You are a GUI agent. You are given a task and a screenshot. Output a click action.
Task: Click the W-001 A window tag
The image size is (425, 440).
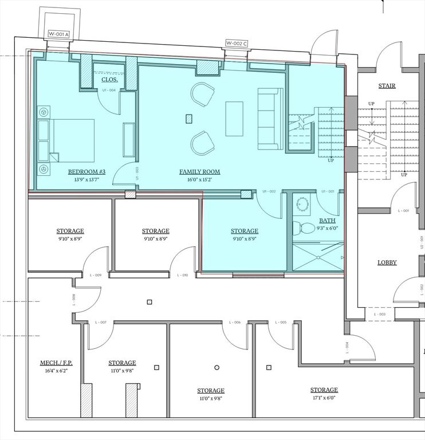tap(58, 34)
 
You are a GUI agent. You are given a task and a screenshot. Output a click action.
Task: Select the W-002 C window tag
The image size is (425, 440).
tap(237, 43)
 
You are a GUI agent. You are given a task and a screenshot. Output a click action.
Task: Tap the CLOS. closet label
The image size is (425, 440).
tap(109, 80)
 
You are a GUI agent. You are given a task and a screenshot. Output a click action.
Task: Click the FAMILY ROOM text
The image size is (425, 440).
tap(199, 172)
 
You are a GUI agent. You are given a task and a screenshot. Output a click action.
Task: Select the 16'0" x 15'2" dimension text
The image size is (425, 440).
tap(199, 179)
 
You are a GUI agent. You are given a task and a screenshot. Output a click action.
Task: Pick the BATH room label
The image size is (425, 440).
tap(328, 220)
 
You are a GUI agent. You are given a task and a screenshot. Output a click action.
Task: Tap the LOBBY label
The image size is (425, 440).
tap(387, 262)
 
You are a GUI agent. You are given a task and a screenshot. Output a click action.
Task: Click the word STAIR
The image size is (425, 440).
tap(387, 86)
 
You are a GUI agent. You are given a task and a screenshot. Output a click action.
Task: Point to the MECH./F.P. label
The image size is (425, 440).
tap(56, 363)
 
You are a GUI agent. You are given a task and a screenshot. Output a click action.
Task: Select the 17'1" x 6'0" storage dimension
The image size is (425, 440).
tap(324, 398)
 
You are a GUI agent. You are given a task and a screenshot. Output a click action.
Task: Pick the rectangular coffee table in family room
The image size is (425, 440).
tap(234, 119)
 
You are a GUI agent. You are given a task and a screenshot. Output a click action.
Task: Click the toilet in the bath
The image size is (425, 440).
tap(305, 228)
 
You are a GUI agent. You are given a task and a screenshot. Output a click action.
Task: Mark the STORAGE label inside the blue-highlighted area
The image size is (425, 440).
tap(245, 231)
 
